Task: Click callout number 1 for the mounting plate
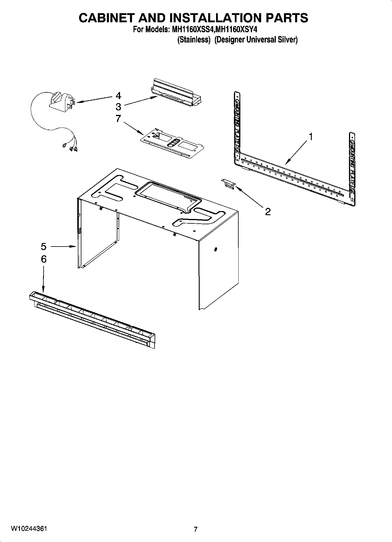point(311,137)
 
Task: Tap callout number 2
point(268,212)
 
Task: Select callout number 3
point(118,106)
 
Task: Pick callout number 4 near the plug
point(118,96)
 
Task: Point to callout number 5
point(43,247)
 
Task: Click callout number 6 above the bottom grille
point(43,259)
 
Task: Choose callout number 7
point(118,118)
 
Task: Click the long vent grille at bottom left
point(92,320)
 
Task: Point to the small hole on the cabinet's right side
point(216,249)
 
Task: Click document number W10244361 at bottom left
point(29,529)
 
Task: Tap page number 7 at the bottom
point(196,529)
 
